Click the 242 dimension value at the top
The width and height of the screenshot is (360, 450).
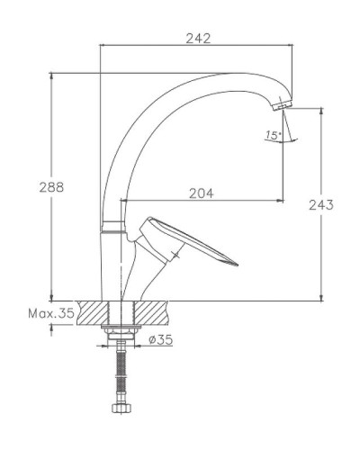pos(197,38)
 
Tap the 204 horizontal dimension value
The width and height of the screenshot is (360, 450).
pos(202,192)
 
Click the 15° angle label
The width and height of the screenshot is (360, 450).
pos(272,136)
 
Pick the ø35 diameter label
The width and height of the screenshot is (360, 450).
pos(159,339)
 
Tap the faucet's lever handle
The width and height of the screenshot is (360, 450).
pos(193,243)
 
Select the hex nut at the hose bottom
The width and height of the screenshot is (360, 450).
pos(121,409)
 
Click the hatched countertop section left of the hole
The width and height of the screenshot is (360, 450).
pos(92,312)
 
